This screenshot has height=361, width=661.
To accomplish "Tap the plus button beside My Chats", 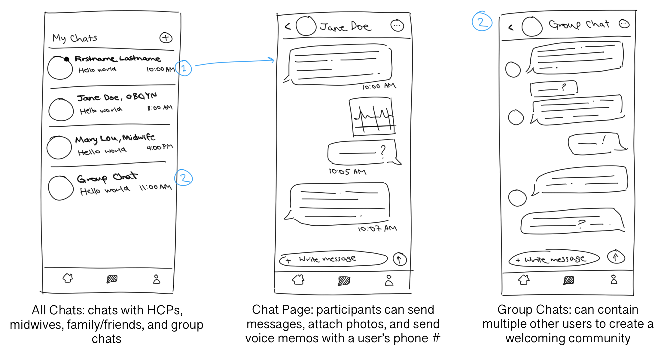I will (x=166, y=38).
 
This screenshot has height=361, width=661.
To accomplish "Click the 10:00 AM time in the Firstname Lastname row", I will (x=160, y=69).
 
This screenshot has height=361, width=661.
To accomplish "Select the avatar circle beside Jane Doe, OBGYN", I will (x=61, y=110).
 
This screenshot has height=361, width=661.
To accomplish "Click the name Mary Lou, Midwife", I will (x=115, y=138).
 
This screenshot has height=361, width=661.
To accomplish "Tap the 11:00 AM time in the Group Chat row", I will (x=155, y=187).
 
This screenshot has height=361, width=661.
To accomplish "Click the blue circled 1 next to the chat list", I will (x=184, y=68).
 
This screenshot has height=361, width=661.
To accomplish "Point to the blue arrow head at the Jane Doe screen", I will (x=272, y=60).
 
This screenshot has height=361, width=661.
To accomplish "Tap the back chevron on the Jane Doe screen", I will (x=288, y=26).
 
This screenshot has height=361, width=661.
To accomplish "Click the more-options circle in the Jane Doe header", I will (x=397, y=26).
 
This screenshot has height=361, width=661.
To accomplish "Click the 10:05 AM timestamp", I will (x=347, y=172).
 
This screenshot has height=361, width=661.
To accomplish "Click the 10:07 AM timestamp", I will (x=377, y=229).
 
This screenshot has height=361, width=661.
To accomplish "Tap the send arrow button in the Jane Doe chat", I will (x=399, y=259).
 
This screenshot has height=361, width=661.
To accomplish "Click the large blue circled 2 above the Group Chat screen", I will (x=482, y=21).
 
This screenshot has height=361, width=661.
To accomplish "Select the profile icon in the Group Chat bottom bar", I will (x=614, y=279).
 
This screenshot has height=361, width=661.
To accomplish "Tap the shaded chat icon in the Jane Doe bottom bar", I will (x=344, y=281).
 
